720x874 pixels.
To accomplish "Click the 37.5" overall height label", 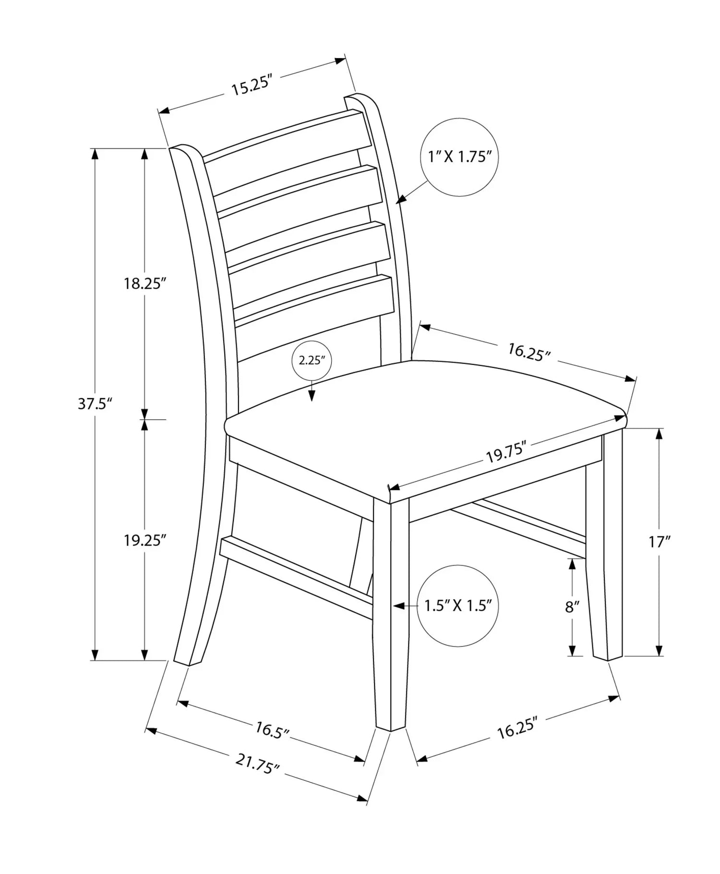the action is [95, 404].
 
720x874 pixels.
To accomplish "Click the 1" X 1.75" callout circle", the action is [459, 157].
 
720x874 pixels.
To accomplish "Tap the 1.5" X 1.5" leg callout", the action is [457, 606].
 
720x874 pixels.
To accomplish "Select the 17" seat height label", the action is [660, 542].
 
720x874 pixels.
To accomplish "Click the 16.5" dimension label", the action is [272, 730].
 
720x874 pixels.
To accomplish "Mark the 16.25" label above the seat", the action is [529, 352].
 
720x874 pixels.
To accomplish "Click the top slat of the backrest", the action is [287, 136].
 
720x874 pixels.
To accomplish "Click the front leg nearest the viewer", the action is [392, 614].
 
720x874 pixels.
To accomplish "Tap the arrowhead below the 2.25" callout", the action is [312, 395].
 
